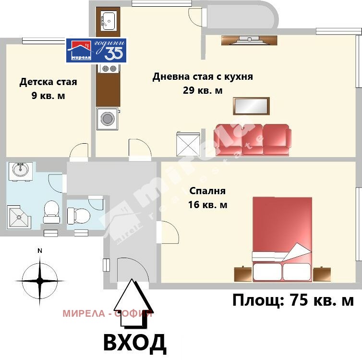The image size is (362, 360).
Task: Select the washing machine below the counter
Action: (107, 119)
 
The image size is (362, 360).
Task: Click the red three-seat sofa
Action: (253, 140)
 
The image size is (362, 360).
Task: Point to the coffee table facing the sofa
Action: (251, 106)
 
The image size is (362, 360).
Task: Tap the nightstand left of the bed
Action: (243, 273)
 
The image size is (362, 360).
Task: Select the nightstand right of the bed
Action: (321, 274)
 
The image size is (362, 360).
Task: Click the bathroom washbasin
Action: (20, 170)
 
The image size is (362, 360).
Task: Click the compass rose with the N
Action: (40, 280)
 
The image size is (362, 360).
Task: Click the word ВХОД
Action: (135, 342)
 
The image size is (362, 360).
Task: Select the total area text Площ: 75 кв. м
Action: (293, 301)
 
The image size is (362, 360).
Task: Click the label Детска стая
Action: (48, 82)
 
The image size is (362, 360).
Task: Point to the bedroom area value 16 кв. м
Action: (208, 205)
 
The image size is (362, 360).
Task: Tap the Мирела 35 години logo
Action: (96, 50)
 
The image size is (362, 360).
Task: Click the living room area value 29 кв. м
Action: (203, 90)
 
